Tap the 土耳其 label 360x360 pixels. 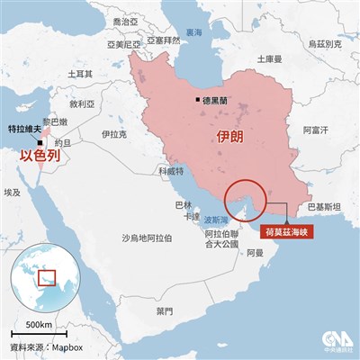(66, 73)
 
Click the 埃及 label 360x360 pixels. (13, 193)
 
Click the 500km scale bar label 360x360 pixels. (39, 323)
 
